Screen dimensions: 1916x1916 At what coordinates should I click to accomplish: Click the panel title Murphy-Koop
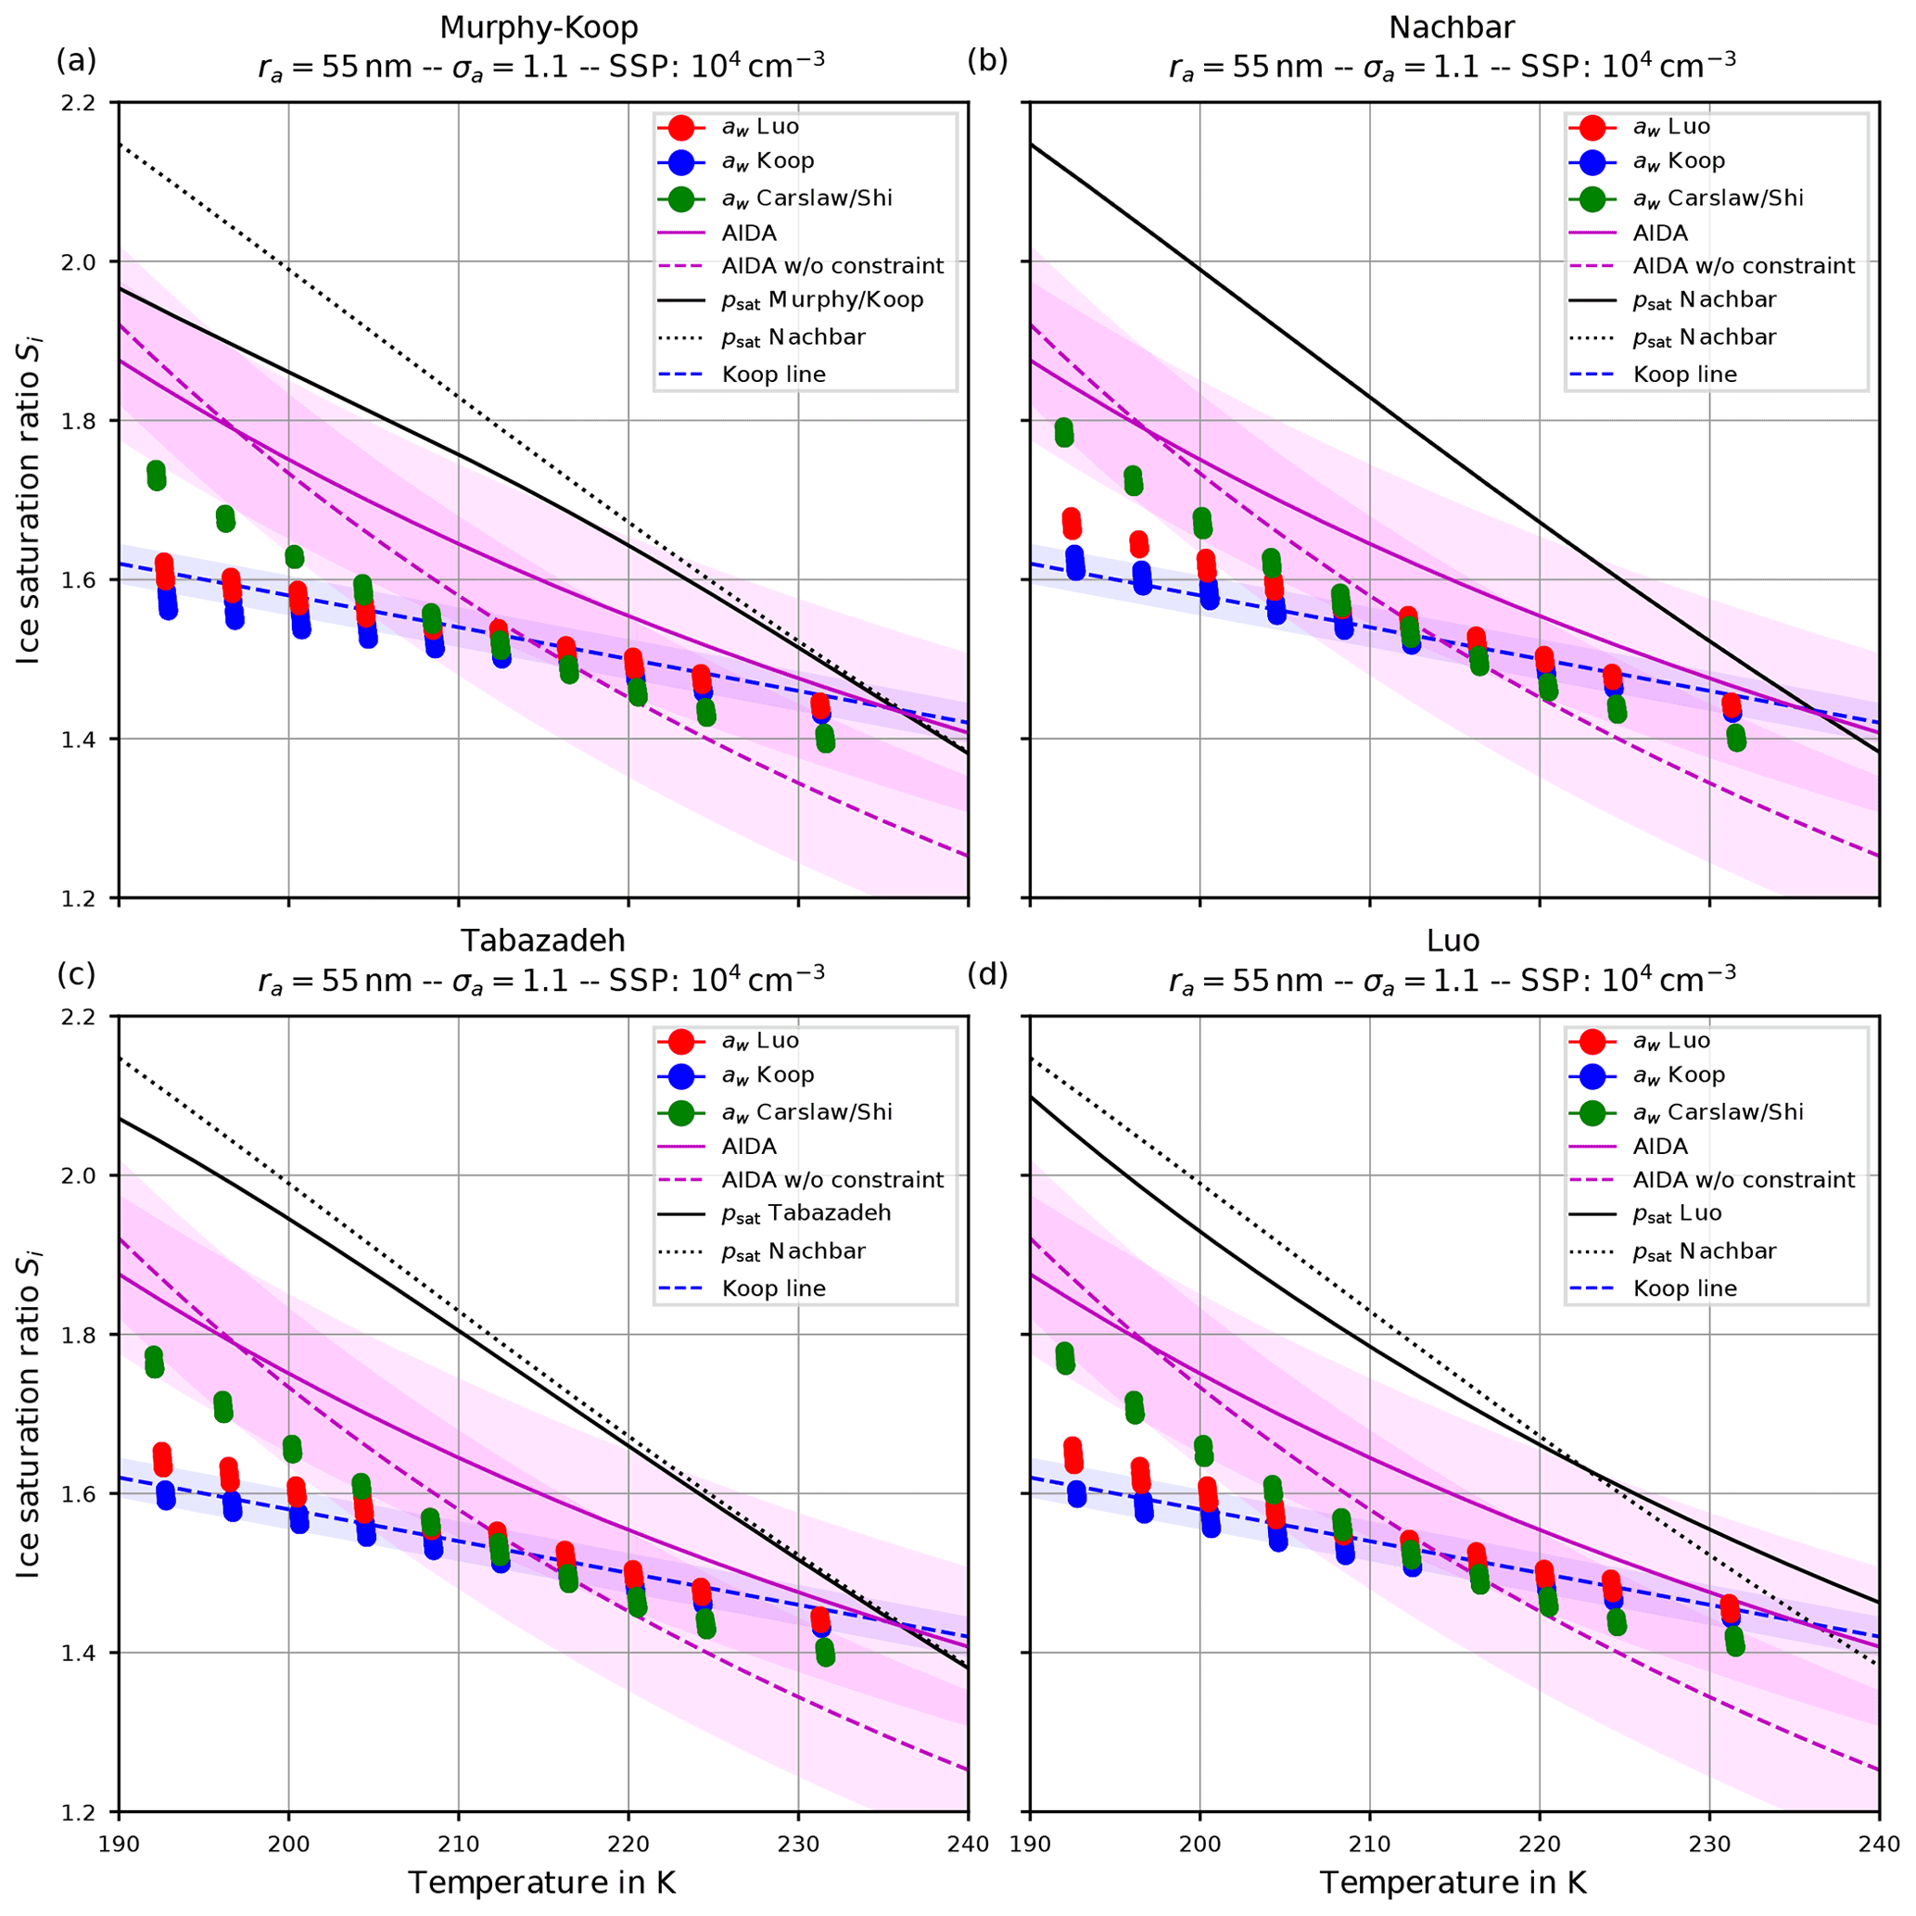(539, 28)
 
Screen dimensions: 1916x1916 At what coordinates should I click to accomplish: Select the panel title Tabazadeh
(542, 939)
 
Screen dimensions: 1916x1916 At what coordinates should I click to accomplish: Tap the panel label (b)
(987, 61)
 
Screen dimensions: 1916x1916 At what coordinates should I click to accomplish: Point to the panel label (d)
(987, 975)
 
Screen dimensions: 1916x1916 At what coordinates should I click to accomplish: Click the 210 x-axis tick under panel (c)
(458, 1844)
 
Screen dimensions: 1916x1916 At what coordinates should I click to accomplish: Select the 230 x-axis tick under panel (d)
(1709, 1844)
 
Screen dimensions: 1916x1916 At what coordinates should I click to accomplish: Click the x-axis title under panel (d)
(1453, 1883)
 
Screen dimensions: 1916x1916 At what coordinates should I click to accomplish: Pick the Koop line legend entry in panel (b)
(1685, 374)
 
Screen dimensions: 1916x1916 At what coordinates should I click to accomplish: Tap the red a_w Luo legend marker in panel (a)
(681, 127)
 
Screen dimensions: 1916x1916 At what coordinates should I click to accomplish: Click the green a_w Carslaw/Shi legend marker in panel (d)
(1592, 1112)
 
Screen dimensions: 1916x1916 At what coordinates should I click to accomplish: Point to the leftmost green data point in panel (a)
(156, 475)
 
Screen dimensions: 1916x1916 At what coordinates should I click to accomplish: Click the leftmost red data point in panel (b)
(1071, 523)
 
